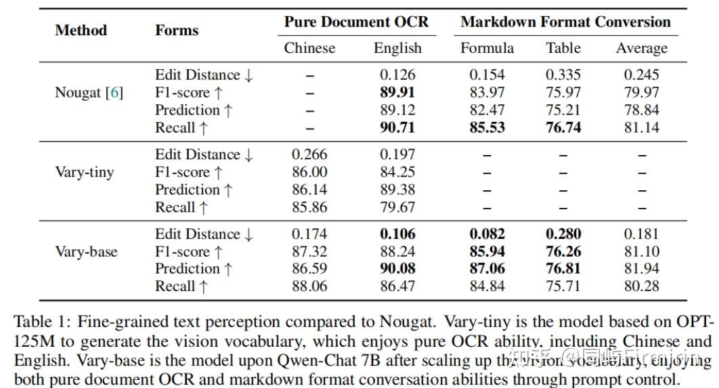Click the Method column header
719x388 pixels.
pyautogui.click(x=81, y=30)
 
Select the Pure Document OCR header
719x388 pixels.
pyautogui.click(x=356, y=22)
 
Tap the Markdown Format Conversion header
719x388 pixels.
pyautogui.click(x=565, y=22)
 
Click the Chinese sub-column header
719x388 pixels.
pyautogui.click(x=309, y=48)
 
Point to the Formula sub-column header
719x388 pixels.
pyautogui.click(x=487, y=48)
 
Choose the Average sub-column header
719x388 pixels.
pyautogui.click(x=641, y=48)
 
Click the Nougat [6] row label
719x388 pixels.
pyautogui.click(x=89, y=93)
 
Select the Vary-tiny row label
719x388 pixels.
pyautogui.click(x=84, y=172)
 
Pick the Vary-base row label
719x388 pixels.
pyautogui.click(x=86, y=252)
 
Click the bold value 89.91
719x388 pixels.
pyautogui.click(x=397, y=93)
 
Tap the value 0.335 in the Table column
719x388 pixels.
pyautogui.click(x=563, y=75)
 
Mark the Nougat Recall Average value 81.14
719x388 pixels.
pyautogui.click(x=641, y=128)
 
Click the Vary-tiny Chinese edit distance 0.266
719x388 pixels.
pyautogui.click(x=309, y=155)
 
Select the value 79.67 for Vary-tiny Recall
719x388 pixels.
pyautogui.click(x=397, y=207)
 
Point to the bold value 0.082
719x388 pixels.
pyautogui.click(x=487, y=234)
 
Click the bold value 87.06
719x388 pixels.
pyautogui.click(x=487, y=269)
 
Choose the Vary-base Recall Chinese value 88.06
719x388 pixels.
pyautogui.click(x=309, y=286)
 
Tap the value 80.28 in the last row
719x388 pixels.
pyautogui.click(x=641, y=286)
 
